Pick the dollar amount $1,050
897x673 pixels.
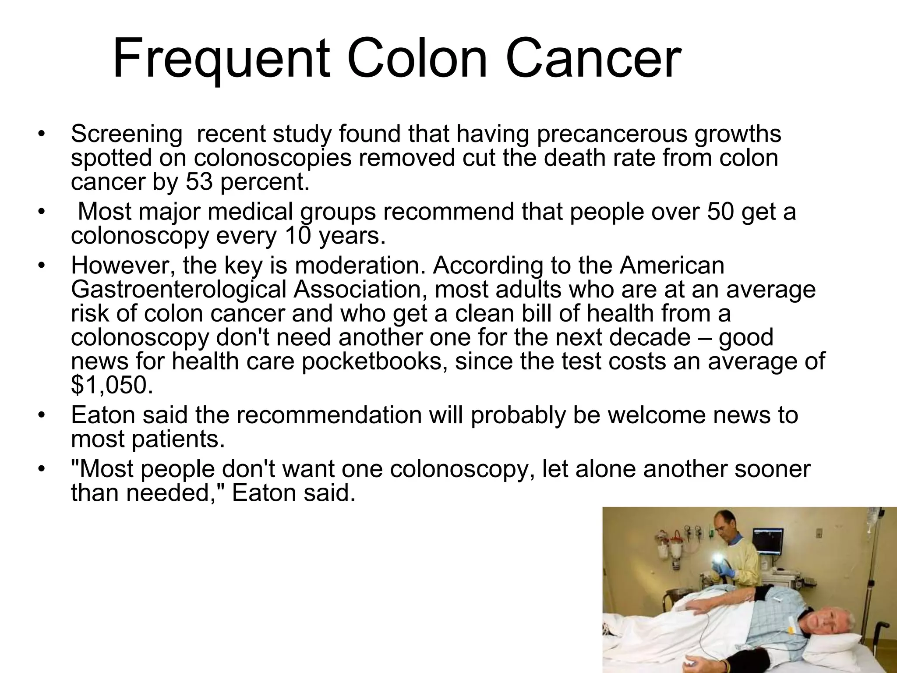[112, 385]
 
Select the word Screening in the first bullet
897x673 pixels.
[127, 134]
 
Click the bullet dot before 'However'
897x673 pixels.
[41, 266]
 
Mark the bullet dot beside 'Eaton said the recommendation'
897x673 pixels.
[41, 415]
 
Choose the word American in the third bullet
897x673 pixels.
[672, 266]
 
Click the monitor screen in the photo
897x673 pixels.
[767, 539]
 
